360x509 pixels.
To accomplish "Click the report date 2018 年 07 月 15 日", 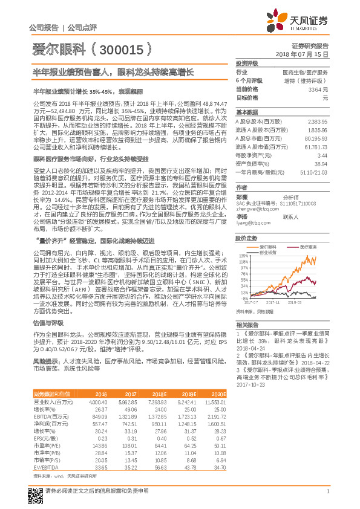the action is point(301,54).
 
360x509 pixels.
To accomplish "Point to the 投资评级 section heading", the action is point(246,63).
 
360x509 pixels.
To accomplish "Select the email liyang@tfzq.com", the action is point(253,223).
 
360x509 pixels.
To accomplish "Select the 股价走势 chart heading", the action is point(246,238).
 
